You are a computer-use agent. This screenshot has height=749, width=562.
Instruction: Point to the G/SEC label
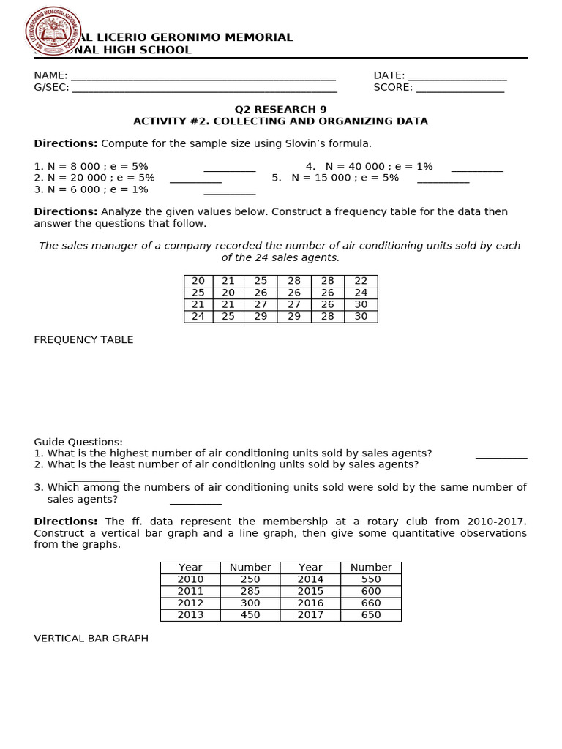[x=51, y=87]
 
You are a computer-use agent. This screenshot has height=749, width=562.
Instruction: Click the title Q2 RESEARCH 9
[x=280, y=109]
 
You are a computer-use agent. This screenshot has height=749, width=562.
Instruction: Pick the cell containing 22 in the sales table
[x=361, y=281]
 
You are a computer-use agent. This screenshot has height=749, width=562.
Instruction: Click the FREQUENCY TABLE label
[x=83, y=339]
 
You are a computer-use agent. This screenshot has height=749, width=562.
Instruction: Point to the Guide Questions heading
[x=78, y=442]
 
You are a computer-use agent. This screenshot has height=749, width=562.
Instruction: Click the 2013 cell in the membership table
[x=190, y=614]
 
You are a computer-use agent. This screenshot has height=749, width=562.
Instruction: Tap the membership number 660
[x=371, y=603]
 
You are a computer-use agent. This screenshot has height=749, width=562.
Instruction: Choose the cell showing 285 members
[x=250, y=591]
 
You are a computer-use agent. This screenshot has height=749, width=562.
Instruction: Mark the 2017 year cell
[x=310, y=614]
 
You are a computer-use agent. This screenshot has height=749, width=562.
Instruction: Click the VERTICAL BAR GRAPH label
[x=91, y=639]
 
